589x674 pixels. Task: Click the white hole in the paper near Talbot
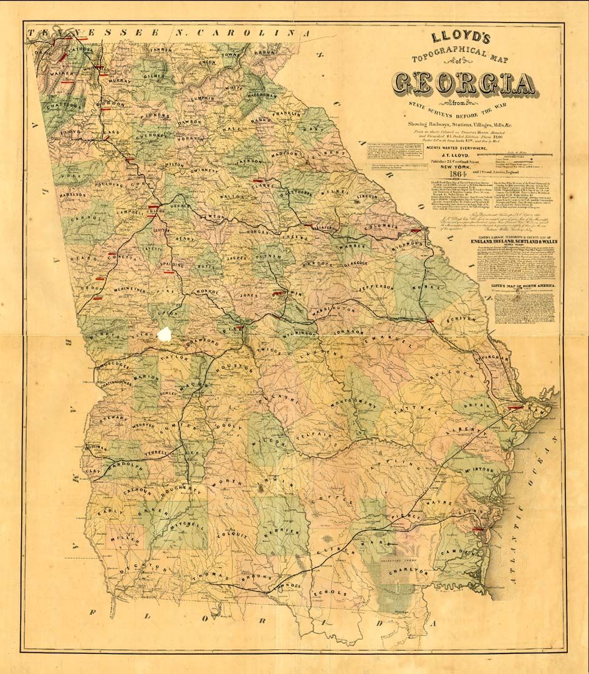click(166, 334)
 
